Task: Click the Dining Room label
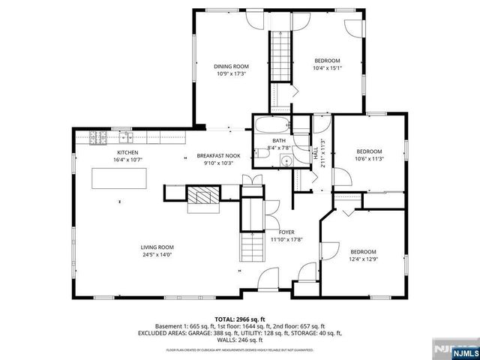tap(232, 67)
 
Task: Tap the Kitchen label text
tap(127, 151)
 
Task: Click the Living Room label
tap(157, 247)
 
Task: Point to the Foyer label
tap(286, 232)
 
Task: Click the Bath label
tap(279, 140)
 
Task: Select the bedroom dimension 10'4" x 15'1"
tap(327, 68)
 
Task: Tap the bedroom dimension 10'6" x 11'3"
tap(368, 158)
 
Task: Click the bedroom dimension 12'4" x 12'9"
tap(363, 260)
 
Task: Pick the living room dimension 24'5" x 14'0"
tap(157, 254)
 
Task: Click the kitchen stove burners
tap(99, 137)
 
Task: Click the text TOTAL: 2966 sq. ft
tap(239, 319)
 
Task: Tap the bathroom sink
tap(286, 162)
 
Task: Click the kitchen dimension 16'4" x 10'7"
tap(127, 159)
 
